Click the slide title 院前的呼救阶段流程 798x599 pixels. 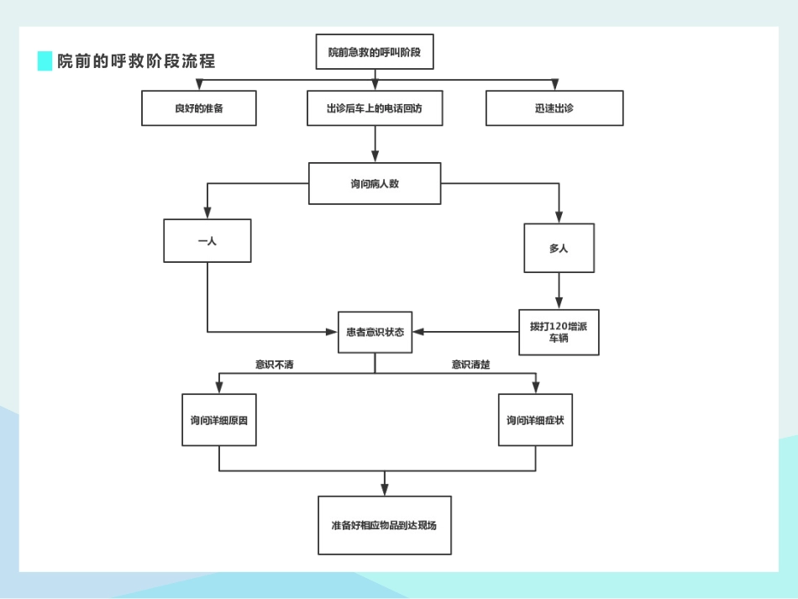pyautogui.click(x=136, y=61)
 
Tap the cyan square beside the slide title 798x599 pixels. pyautogui.click(x=45, y=61)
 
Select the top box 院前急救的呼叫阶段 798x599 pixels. pyautogui.click(x=375, y=52)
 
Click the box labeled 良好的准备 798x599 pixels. pyautogui.click(x=199, y=108)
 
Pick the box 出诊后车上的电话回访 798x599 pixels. pyautogui.click(x=375, y=108)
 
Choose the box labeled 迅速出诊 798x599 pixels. pyautogui.click(x=554, y=108)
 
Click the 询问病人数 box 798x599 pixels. pyautogui.click(x=375, y=183)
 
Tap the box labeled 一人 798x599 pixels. pyautogui.click(x=207, y=240)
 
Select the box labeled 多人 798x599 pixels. pyautogui.click(x=559, y=248)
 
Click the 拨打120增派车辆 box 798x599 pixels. pyautogui.click(x=559, y=332)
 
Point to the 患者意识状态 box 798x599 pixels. pyautogui.click(x=375, y=332)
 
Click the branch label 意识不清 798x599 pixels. pyautogui.click(x=275, y=365)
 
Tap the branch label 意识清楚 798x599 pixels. pyautogui.click(x=470, y=365)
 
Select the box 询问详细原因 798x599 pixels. pyautogui.click(x=219, y=419)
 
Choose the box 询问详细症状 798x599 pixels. pyautogui.click(x=535, y=419)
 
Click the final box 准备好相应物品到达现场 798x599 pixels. pyautogui.click(x=385, y=525)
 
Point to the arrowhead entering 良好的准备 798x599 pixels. pyautogui.click(x=199, y=85)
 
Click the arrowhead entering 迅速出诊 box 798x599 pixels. pyautogui.click(x=554, y=85)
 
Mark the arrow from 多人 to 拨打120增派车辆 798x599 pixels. pyautogui.click(x=559, y=291)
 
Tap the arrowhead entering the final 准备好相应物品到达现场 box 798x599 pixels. pyautogui.click(x=385, y=490)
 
